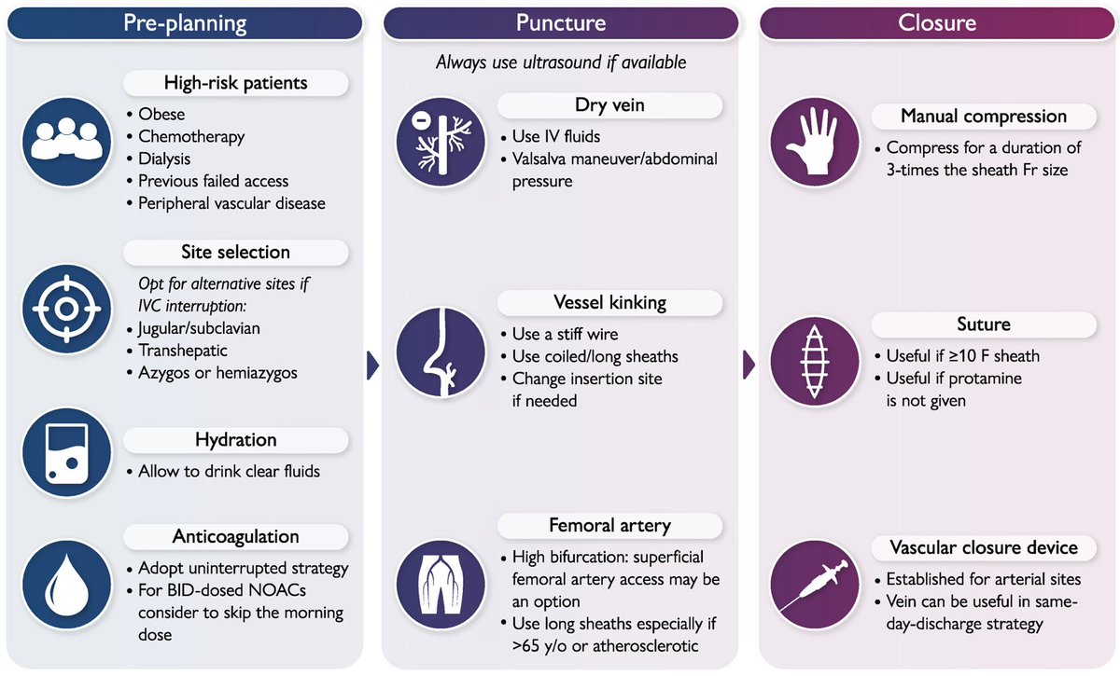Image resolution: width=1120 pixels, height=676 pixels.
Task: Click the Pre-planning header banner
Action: click(185, 23)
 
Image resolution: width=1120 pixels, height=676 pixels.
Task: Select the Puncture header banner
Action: click(560, 23)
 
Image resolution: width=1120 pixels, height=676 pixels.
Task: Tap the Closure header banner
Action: click(936, 23)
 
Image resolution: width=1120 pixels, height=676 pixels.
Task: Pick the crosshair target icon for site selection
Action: click(64, 309)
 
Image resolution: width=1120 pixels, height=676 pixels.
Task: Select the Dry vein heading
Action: click(609, 105)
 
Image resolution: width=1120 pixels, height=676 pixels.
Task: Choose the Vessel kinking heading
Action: click(609, 302)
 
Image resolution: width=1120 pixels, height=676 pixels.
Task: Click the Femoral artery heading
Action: click(609, 526)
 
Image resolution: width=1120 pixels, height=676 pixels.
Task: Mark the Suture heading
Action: click(984, 324)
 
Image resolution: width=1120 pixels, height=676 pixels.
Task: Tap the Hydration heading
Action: click(235, 439)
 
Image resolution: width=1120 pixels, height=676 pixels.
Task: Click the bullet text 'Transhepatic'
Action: click(183, 351)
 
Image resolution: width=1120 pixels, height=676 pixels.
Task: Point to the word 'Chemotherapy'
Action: click(191, 136)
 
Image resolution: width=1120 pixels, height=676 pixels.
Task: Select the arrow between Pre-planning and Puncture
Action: click(373, 366)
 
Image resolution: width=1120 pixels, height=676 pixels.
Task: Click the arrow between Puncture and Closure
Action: click(748, 366)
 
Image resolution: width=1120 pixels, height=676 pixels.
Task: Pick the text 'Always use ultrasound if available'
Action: click(561, 62)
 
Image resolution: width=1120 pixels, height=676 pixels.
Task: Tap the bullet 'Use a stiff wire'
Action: click(565, 334)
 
